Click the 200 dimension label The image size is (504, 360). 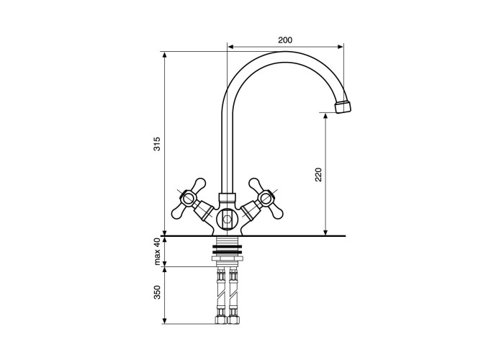(x=285, y=40)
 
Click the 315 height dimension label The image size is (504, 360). (x=156, y=144)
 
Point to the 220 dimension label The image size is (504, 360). (x=318, y=174)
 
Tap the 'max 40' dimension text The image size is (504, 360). (x=157, y=251)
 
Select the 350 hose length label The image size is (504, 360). (x=157, y=292)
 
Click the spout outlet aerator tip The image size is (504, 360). (x=343, y=107)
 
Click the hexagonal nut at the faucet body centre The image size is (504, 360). (x=227, y=220)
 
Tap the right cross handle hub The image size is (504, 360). (x=266, y=198)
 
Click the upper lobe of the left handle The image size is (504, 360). (x=199, y=184)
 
